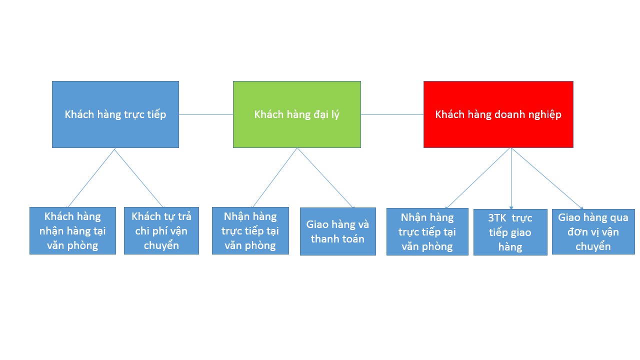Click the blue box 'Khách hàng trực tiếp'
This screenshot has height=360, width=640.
(115, 114)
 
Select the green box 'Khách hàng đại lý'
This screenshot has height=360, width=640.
(297, 114)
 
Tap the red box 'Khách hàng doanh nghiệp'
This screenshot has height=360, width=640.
(498, 114)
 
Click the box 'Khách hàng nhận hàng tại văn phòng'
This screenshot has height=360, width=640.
(73, 231)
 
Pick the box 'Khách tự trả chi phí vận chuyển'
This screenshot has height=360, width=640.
(161, 231)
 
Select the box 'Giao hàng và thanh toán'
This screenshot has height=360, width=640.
(337, 231)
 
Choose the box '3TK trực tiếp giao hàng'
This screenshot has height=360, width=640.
(510, 232)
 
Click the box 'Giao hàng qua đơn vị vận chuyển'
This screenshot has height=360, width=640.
(593, 231)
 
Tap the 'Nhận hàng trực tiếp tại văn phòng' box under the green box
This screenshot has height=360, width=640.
(250, 231)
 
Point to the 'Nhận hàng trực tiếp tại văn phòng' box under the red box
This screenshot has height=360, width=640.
(427, 231)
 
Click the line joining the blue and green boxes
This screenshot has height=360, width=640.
(206, 114)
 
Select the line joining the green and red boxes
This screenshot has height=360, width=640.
(392, 114)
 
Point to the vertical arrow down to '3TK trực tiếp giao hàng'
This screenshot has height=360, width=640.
(511, 178)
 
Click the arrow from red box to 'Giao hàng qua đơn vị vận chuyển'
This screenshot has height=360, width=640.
(547, 178)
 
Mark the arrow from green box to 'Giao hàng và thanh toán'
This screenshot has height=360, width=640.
(325, 177)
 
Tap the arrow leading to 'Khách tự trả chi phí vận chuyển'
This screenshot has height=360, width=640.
(139, 177)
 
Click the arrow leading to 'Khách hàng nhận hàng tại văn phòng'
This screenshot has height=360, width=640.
(90, 177)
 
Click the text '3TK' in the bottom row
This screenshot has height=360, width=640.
(497, 218)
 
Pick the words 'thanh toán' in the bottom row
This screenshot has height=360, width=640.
(337, 239)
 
